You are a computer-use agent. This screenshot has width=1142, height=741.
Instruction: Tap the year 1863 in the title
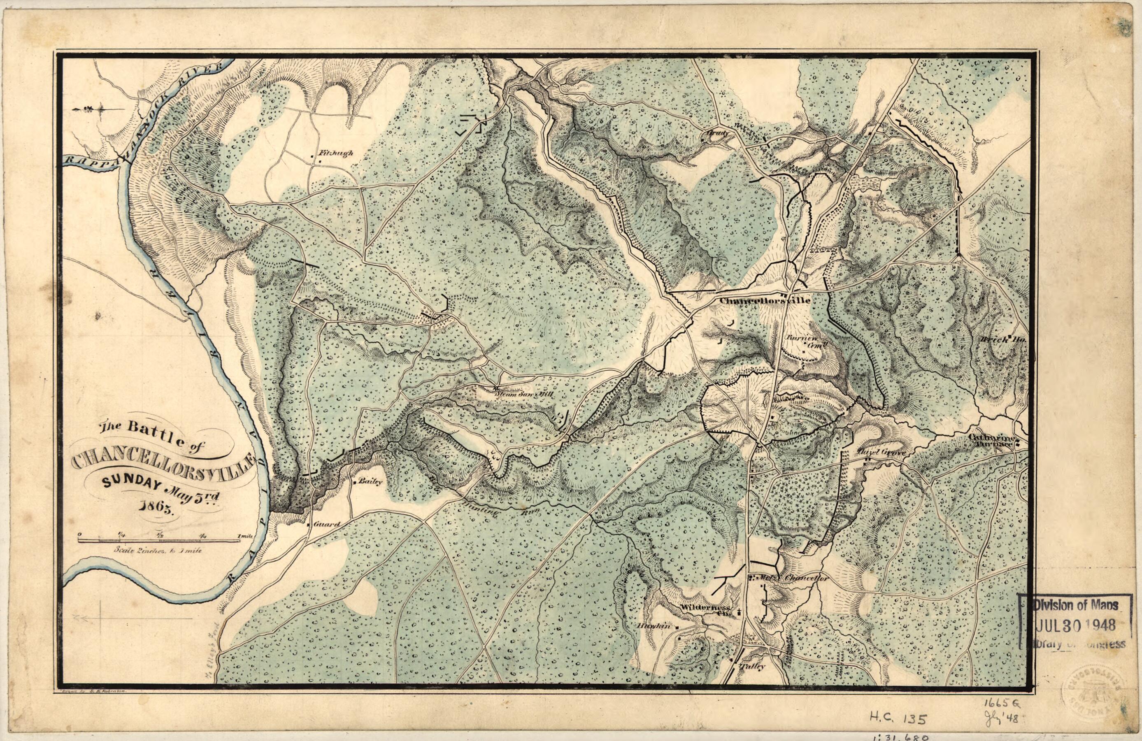click(x=157, y=507)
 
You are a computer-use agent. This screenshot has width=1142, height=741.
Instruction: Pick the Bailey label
click(x=372, y=483)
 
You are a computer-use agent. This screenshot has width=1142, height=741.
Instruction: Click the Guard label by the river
click(x=326, y=524)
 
